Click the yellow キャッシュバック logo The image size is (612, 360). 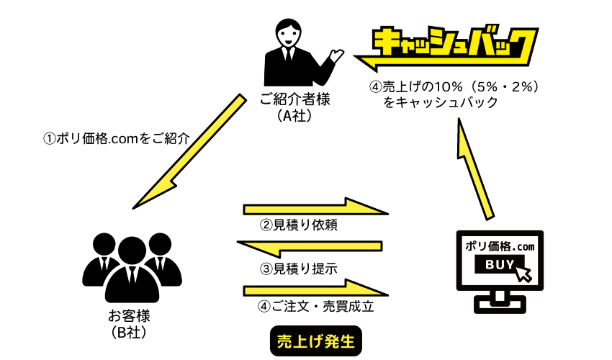[x=450, y=45]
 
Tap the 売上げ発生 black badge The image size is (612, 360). [x=315, y=341]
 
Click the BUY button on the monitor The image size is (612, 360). [x=496, y=266]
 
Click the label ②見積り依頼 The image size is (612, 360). [x=299, y=225]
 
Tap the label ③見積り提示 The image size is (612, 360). [x=299, y=269]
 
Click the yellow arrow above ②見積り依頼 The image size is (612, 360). [x=317, y=208]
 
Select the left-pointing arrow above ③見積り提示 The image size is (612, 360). [x=310, y=248]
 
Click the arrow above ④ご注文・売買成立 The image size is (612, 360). [x=317, y=289]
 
